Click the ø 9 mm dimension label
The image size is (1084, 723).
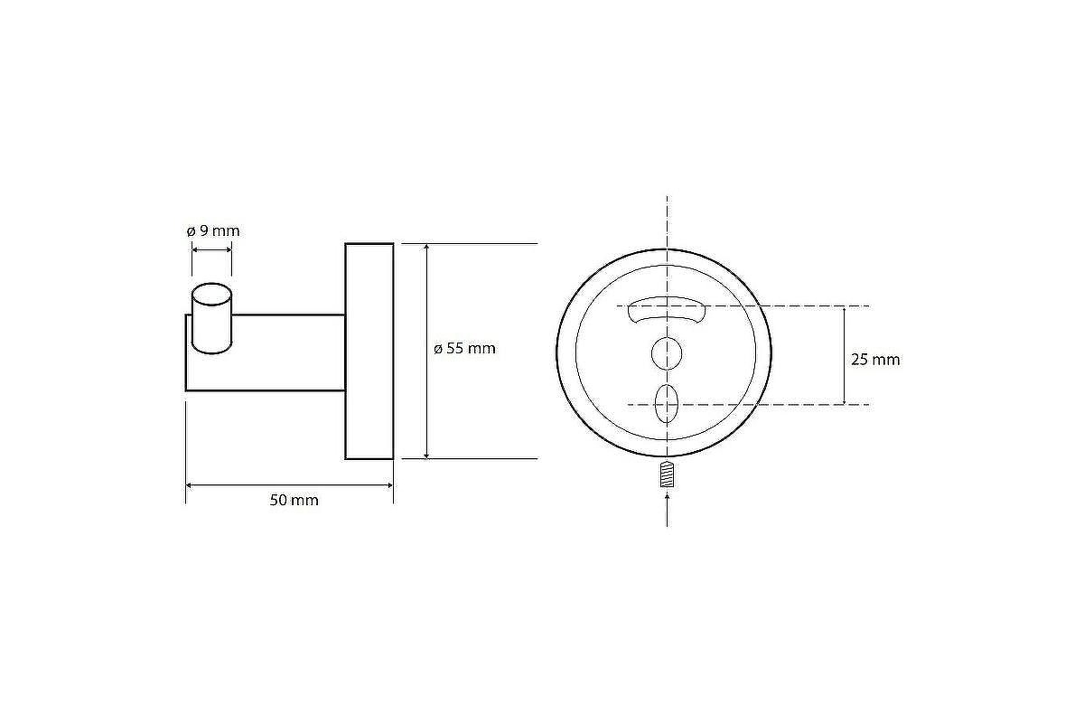213,231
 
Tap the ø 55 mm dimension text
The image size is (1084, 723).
464,349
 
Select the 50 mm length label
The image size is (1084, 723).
294,501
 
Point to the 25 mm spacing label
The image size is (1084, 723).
875,360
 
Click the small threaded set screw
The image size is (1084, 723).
667,474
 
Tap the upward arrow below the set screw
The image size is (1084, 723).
668,510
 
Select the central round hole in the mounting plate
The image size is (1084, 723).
667,354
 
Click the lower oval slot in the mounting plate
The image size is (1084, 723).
666,404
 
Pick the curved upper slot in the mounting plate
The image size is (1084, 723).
667,310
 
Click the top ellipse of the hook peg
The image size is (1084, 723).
212,294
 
